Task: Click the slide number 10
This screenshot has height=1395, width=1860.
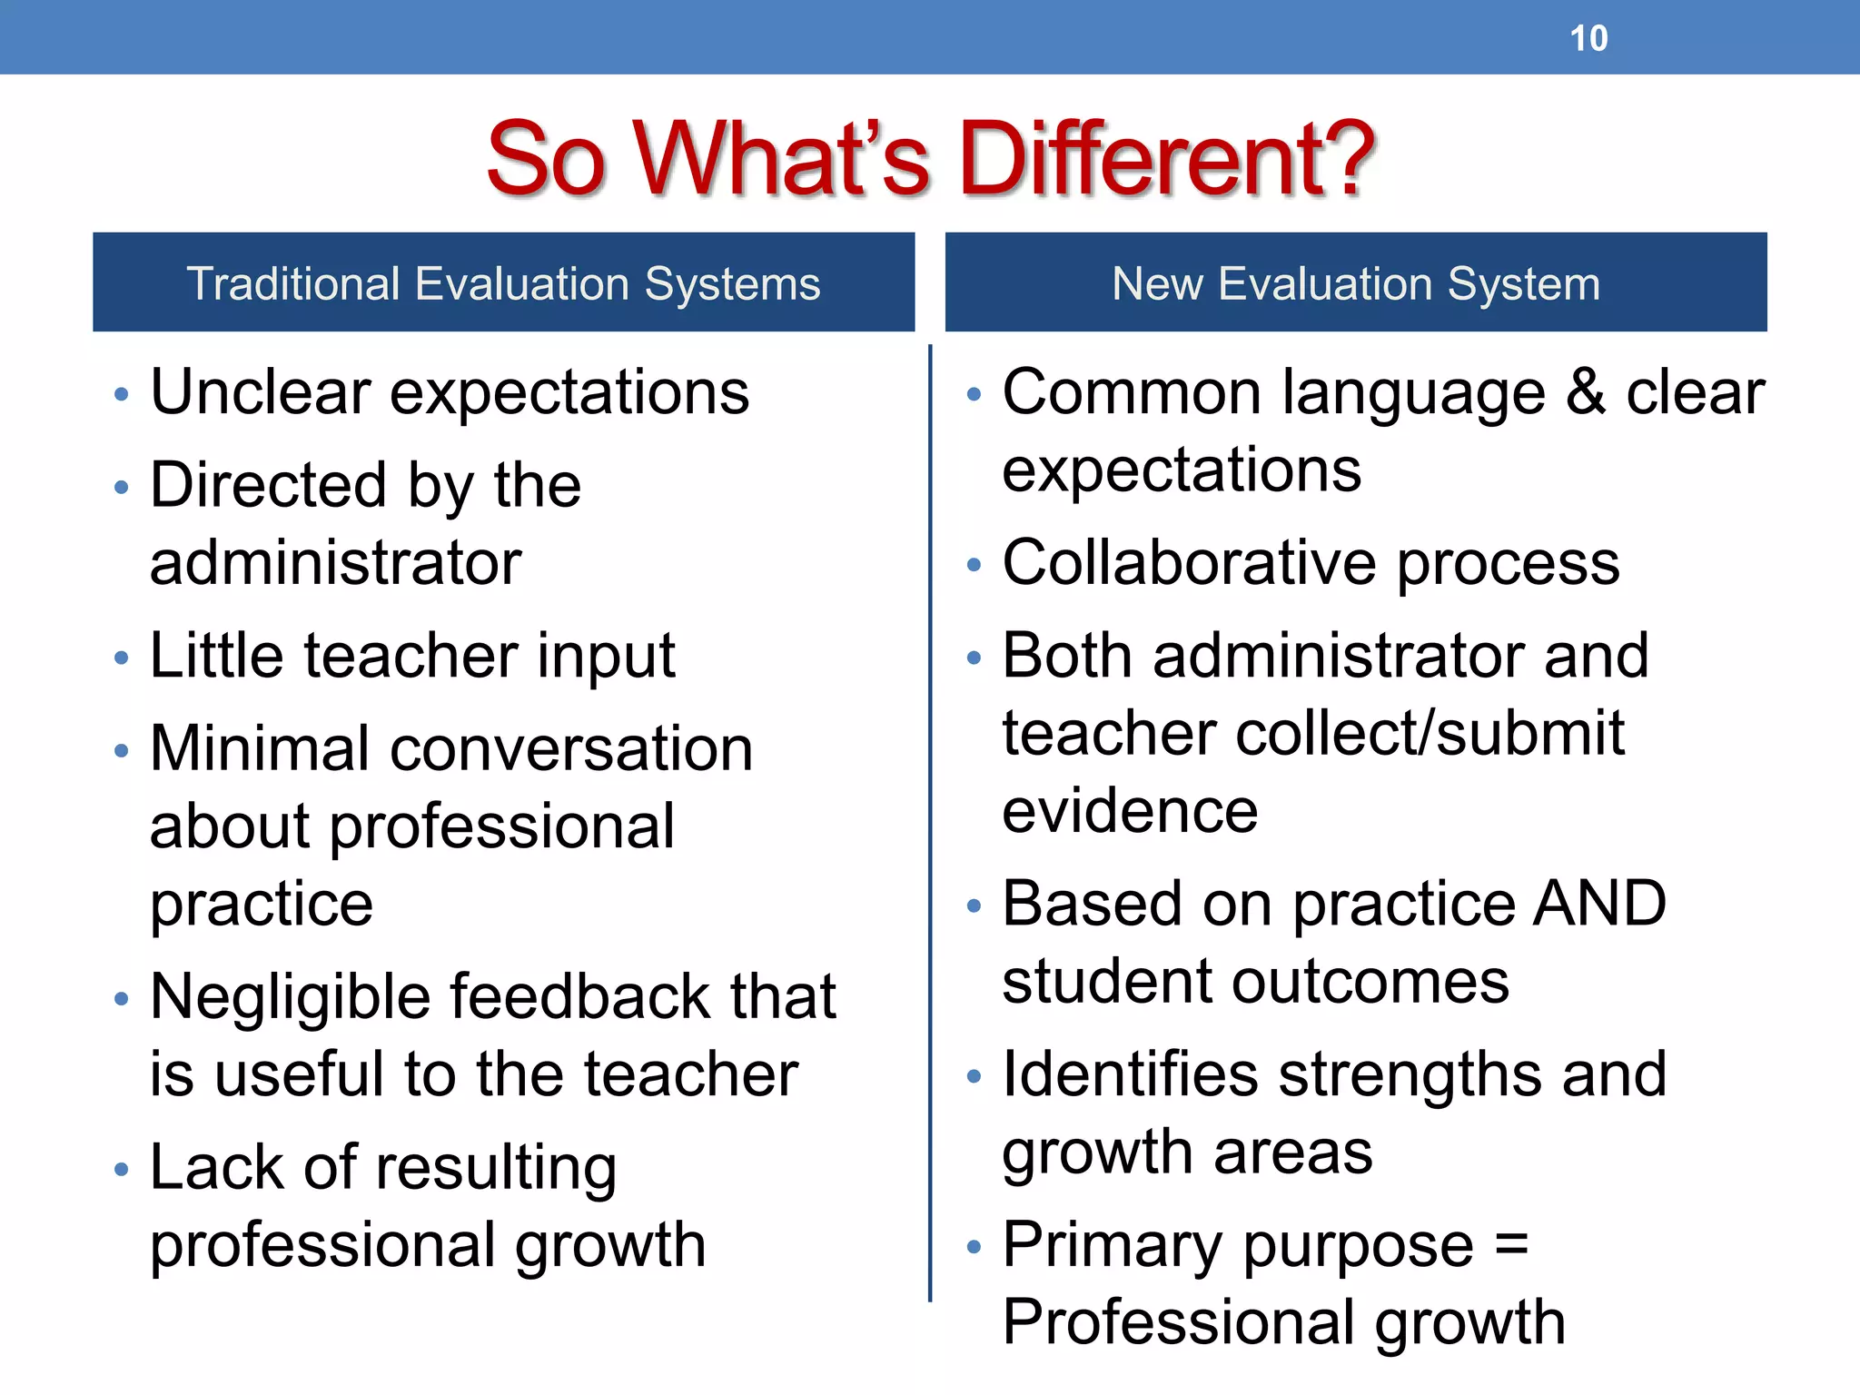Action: pyautogui.click(x=1588, y=38)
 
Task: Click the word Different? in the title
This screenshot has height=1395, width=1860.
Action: pyautogui.click(x=1166, y=159)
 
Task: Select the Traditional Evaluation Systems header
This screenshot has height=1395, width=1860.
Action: pyautogui.click(x=503, y=282)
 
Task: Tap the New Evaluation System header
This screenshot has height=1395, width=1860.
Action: pyautogui.click(x=1356, y=282)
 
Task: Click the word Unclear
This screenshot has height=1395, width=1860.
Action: pyautogui.click(x=260, y=392)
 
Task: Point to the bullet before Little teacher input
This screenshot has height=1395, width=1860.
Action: pyautogui.click(x=122, y=658)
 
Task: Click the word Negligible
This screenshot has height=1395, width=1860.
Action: pyautogui.click(x=291, y=997)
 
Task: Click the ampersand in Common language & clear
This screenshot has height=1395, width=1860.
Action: pyautogui.click(x=1585, y=392)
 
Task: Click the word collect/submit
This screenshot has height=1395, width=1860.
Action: pyautogui.click(x=1430, y=734)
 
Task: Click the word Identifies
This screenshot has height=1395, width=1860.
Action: pyautogui.click(x=1131, y=1074)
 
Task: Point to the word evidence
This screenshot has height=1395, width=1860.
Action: pyautogui.click(x=1131, y=811)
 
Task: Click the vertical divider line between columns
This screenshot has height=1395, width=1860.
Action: pyautogui.click(x=930, y=817)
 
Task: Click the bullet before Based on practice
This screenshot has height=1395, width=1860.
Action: pyautogui.click(x=975, y=905)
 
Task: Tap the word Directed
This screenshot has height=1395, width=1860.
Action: pyautogui.click(x=269, y=486)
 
